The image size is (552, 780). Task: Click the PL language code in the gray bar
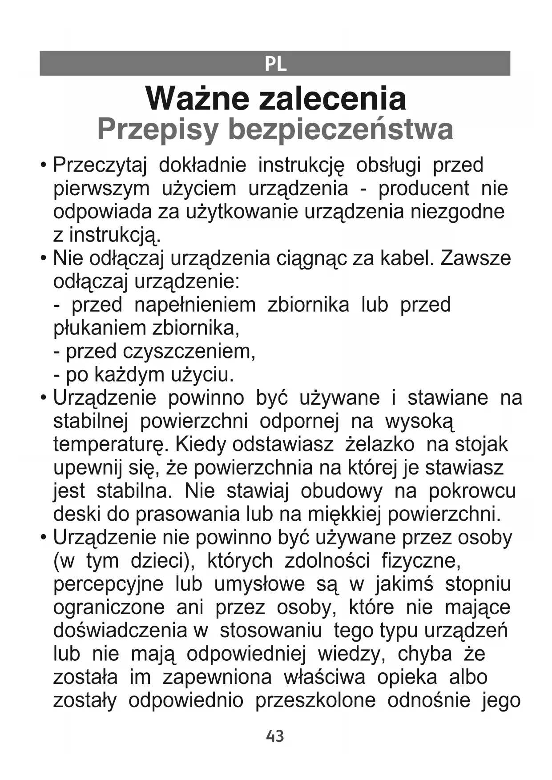pos(275,64)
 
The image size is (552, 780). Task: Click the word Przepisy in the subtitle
pos(158,129)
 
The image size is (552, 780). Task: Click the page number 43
pos(275,736)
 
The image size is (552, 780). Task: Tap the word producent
pos(423,189)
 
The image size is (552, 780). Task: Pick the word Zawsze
pos(475,258)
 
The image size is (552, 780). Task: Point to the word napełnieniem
pos(195,305)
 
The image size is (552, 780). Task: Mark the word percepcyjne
pos(109,584)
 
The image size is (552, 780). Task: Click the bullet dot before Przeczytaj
pos(43,165)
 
